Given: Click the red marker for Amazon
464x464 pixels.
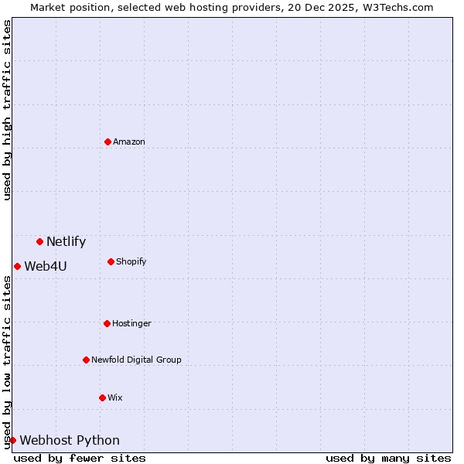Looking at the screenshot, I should click(x=107, y=142).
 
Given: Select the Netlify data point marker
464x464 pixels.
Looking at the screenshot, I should click(x=39, y=242).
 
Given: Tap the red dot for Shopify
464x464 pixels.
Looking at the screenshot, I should click(x=111, y=261).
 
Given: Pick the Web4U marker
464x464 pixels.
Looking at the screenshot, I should click(x=17, y=266).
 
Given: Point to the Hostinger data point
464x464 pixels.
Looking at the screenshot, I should click(x=107, y=323).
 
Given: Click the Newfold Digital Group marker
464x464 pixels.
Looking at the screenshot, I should click(x=86, y=360).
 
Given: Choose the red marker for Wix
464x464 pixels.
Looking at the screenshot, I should click(x=102, y=397).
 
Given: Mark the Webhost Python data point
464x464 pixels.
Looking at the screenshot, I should click(x=12, y=440).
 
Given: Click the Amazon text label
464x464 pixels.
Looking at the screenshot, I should click(x=129, y=142).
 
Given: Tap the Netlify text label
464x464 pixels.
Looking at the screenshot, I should click(x=66, y=242).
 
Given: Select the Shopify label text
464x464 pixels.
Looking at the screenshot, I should click(x=131, y=261).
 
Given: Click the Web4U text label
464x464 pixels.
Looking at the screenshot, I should click(x=46, y=267).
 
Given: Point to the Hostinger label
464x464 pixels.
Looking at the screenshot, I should click(x=131, y=323).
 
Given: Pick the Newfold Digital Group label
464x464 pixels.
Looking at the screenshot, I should click(x=136, y=360).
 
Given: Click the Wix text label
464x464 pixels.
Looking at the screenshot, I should click(x=115, y=397).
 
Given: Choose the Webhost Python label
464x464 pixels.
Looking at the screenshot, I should click(x=70, y=441).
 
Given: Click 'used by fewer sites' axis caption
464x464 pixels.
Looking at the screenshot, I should click(x=80, y=458).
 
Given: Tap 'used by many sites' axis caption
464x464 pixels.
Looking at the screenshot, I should click(x=388, y=458).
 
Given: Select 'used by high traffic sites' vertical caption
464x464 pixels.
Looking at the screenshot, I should click(x=8, y=110).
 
